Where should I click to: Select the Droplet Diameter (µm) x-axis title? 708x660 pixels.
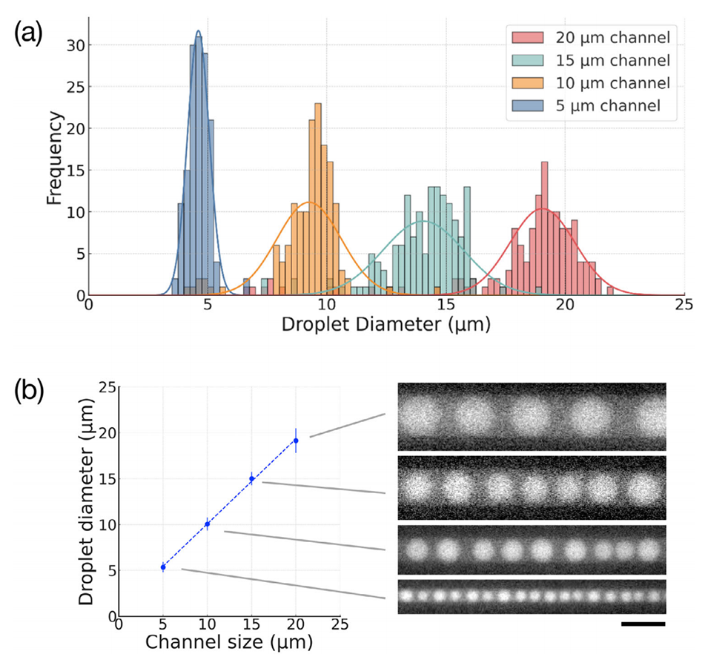pyautogui.click(x=386, y=325)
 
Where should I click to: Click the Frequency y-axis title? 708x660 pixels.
pyautogui.click(x=53, y=156)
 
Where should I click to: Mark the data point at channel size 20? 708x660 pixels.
pyautogui.click(x=297, y=440)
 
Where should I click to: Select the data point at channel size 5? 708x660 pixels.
pyautogui.click(x=163, y=567)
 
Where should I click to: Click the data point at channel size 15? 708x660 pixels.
pyautogui.click(x=252, y=478)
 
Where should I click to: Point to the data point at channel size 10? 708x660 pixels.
pyautogui.click(x=208, y=524)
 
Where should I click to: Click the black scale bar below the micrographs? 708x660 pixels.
pyautogui.click(x=643, y=624)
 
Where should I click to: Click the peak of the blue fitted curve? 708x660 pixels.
pyautogui.click(x=198, y=32)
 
